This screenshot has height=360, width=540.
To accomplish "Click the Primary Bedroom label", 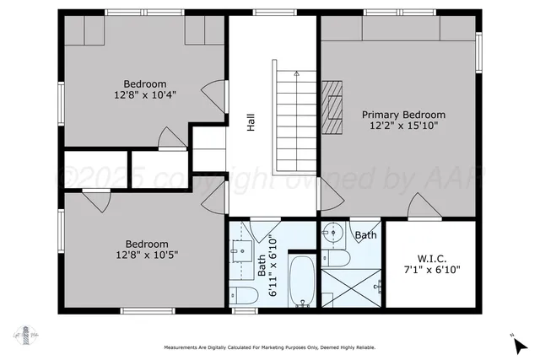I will click(403, 114).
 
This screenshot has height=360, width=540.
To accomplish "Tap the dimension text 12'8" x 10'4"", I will click(145, 95).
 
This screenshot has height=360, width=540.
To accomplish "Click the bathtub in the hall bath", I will click(301, 282).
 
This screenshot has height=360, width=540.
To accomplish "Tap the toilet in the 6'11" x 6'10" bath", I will click(244, 295).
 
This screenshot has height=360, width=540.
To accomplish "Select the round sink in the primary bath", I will click(333, 230).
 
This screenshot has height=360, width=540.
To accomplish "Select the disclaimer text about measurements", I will click(269, 347).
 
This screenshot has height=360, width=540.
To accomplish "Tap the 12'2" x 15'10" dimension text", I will click(403, 126).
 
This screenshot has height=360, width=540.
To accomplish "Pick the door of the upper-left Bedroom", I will click(216, 94).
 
